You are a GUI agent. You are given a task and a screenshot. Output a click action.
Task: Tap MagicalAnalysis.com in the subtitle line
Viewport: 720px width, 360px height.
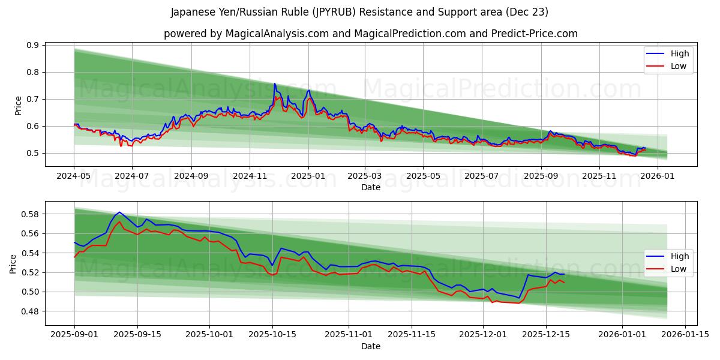point(277,34)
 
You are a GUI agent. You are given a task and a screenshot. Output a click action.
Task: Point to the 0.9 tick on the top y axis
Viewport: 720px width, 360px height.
point(32,45)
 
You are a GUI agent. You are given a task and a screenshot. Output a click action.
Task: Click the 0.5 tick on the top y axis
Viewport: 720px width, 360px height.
point(32,153)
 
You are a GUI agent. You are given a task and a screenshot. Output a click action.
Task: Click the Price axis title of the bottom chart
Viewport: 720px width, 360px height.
point(13,263)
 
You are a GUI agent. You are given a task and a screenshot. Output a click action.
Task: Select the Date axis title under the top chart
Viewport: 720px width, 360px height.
point(370,187)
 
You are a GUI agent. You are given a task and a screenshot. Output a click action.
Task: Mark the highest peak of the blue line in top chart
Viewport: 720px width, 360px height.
point(274,83)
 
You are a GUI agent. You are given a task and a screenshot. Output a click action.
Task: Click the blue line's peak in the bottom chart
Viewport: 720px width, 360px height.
point(119,212)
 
